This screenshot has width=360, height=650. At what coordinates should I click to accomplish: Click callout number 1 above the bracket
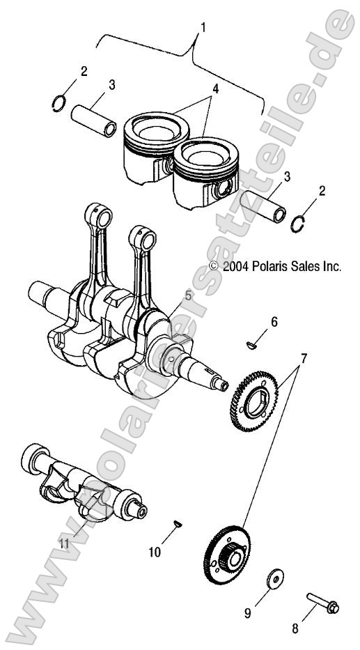pyautogui.click(x=203, y=28)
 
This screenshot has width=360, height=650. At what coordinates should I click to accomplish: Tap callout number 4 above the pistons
pyautogui.click(x=216, y=89)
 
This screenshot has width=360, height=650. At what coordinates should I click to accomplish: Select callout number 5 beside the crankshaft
pyautogui.click(x=189, y=297)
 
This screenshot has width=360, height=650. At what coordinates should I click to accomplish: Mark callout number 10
pyautogui.click(x=155, y=552)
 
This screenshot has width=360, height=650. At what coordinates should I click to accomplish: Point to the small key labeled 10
pyautogui.click(x=178, y=523)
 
